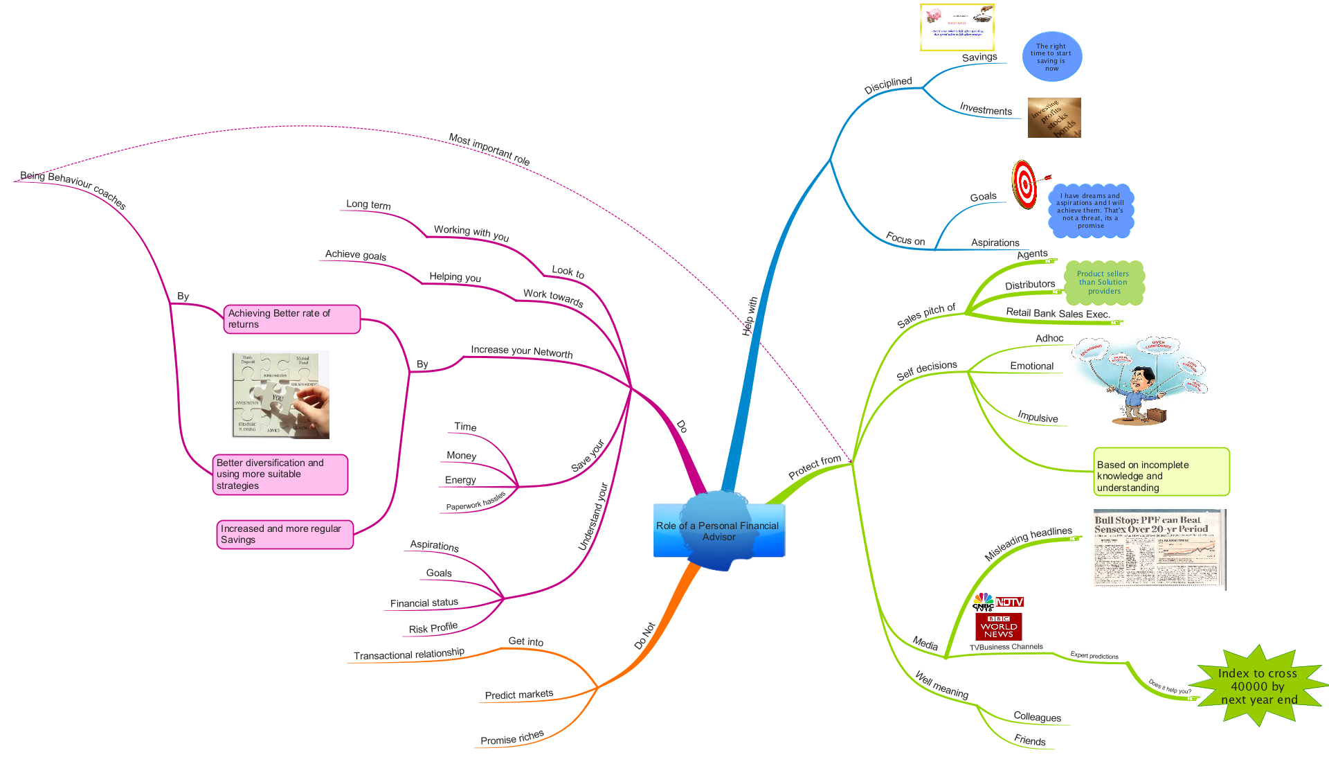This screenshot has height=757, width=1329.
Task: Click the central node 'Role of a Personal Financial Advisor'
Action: click(718, 531)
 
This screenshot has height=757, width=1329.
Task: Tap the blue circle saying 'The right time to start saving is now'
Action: click(1051, 57)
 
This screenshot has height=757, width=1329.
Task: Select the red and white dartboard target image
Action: click(1024, 184)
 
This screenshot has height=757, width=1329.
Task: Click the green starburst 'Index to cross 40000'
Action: click(1258, 686)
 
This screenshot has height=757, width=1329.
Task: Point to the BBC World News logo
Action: click(998, 627)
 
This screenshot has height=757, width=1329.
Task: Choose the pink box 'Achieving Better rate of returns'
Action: click(291, 319)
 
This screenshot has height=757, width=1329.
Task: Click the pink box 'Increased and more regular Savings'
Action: click(284, 534)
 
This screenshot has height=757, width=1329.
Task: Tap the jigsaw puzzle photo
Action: click(280, 395)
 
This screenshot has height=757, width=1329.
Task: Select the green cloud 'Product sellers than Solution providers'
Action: click(1103, 283)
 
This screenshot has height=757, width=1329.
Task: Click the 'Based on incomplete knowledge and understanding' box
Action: click(1161, 472)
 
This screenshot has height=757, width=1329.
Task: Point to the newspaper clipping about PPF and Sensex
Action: click(1159, 549)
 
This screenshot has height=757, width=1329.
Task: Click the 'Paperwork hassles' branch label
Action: click(476, 501)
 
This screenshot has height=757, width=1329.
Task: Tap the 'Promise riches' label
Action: click(512, 738)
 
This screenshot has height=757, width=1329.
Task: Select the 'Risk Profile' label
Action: click(433, 628)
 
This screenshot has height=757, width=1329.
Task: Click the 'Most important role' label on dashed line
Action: click(489, 149)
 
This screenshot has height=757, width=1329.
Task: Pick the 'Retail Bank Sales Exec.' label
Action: click(1058, 313)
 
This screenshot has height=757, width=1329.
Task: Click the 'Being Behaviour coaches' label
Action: click(73, 188)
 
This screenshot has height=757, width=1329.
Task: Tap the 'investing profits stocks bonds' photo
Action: click(1054, 118)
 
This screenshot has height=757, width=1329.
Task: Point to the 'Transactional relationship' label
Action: click(408, 654)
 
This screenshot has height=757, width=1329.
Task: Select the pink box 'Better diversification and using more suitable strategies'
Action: click(280, 474)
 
